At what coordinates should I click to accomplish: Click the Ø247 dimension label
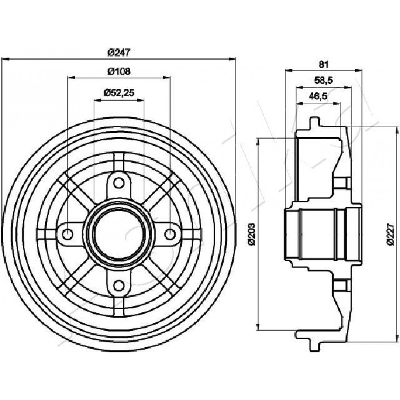coord(119,53)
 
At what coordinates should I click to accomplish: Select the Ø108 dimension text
coord(119,72)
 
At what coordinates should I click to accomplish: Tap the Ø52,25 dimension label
coord(119,93)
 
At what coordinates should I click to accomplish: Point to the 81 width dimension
coord(324,64)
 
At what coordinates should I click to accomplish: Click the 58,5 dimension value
coord(324,81)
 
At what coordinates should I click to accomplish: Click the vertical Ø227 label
coord(390,234)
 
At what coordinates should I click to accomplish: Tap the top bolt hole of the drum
coord(119,183)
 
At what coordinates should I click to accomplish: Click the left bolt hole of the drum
coord(68,234)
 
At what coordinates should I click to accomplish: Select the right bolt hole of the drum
coord(170,234)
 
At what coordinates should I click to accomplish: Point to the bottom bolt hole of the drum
coord(119,285)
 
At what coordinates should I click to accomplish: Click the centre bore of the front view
coord(119,234)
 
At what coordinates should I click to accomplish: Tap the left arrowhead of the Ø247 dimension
coord(5,59)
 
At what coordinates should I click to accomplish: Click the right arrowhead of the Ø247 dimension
coord(231,59)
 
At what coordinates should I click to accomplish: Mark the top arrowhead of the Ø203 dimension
coord(259,142)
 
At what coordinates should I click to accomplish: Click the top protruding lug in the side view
coord(314,123)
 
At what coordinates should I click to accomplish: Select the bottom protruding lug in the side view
coord(314,345)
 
